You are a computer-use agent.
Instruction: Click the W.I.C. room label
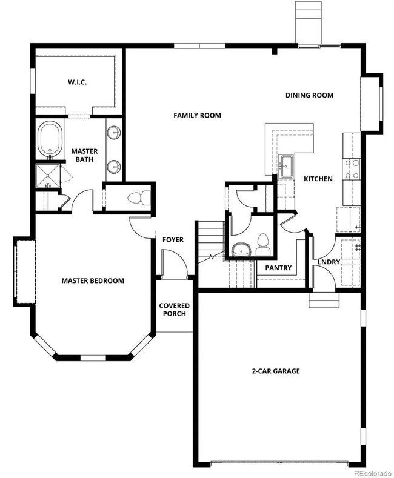tap(77, 82)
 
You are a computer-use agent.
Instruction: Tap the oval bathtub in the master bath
tap(50, 139)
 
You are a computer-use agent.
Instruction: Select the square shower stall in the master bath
tap(48, 176)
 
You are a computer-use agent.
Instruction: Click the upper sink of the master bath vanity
tap(114, 133)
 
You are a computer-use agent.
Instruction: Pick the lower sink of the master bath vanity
tap(114, 167)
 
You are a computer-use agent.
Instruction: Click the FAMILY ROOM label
tap(197, 115)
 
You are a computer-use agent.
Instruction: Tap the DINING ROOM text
tap(309, 95)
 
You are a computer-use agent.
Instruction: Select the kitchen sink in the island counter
tap(286, 166)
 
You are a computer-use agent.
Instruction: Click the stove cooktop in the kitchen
tap(352, 170)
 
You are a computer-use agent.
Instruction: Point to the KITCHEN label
tap(318, 179)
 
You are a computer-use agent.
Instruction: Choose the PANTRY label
tap(278, 268)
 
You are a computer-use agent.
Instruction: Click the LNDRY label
tap(329, 262)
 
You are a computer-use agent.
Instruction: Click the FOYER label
tap(173, 240)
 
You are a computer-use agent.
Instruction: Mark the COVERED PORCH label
tap(174, 310)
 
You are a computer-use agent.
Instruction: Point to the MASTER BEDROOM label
tap(93, 280)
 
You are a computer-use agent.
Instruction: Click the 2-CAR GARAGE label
tap(276, 371)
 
